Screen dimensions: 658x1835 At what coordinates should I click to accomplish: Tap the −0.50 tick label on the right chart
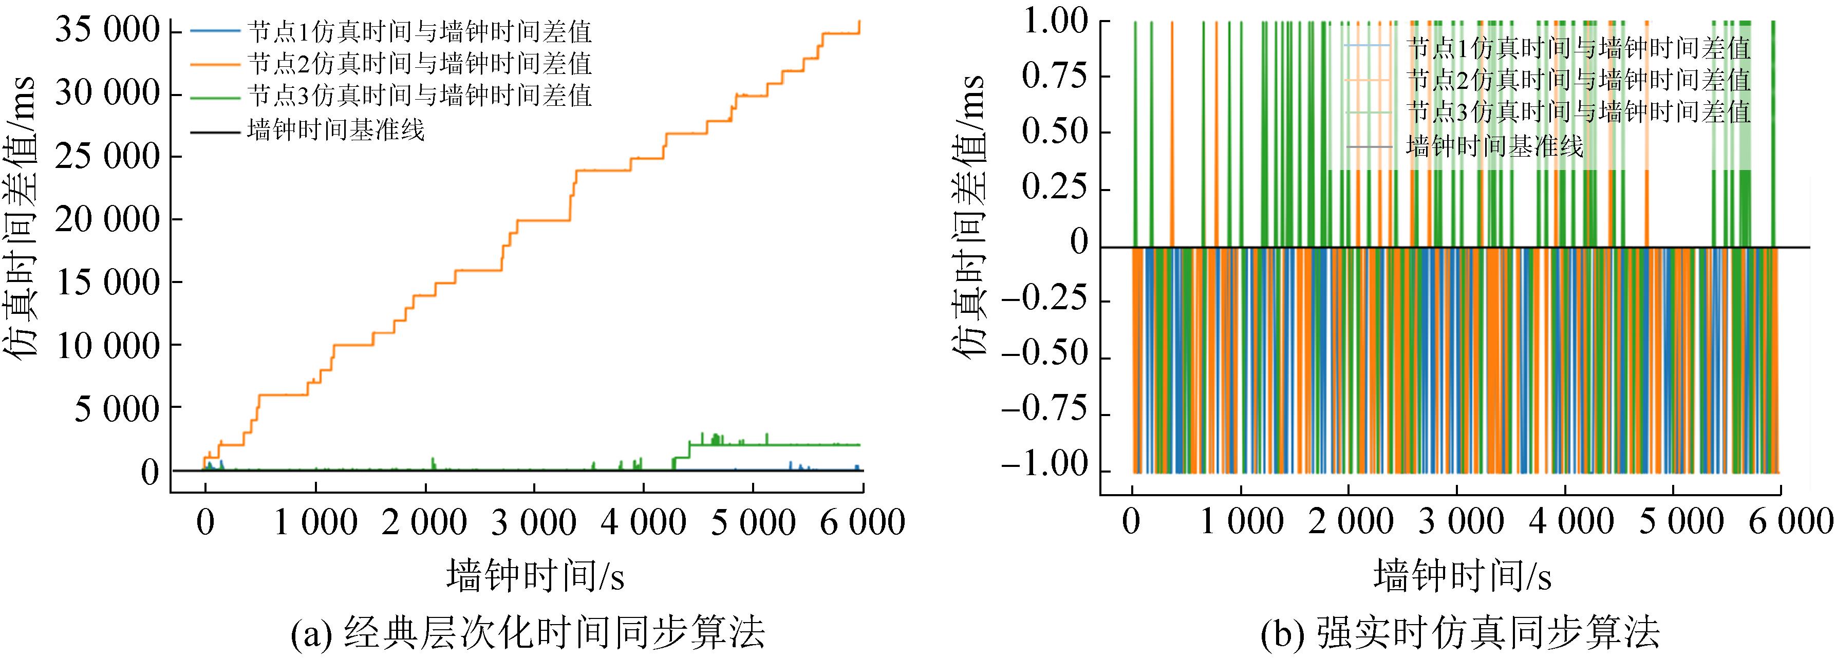tap(1045, 356)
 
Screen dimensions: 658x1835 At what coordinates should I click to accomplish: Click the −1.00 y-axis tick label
tap(1045, 467)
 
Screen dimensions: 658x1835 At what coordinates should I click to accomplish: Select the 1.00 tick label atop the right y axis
tap(1055, 22)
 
